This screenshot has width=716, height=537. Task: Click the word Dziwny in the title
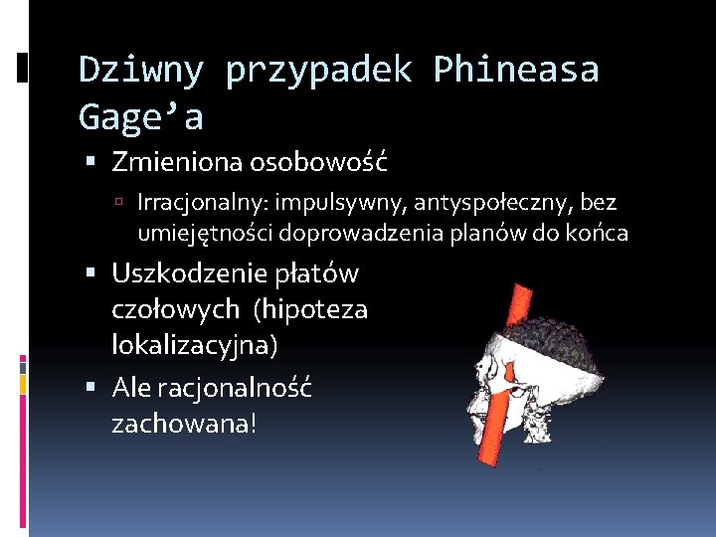tap(141, 71)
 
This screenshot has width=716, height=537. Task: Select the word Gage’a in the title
tap(140, 118)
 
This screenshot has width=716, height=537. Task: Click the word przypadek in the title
tap(318, 71)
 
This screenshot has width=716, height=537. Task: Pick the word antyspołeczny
tap(497, 203)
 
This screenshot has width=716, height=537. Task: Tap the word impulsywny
tap(326, 203)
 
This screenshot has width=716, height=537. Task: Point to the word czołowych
tap(176, 309)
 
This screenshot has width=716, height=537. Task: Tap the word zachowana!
tap(183, 424)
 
